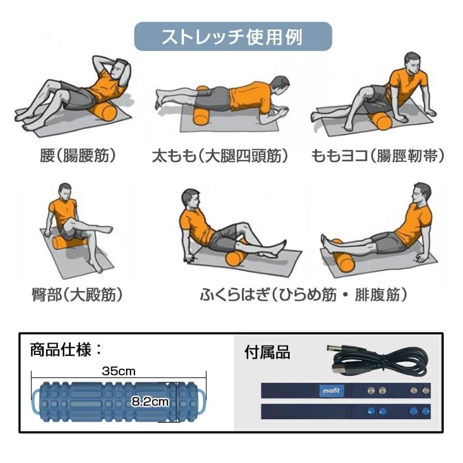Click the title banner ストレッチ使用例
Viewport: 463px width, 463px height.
[233, 37]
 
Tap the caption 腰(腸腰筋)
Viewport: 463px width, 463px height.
[78, 156]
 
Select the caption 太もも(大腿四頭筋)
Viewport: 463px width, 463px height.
[220, 156]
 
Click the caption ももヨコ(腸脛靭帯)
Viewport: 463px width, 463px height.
[378, 156]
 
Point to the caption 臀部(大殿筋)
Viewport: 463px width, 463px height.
[77, 295]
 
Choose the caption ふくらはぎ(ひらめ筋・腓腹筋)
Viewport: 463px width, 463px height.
[304, 295]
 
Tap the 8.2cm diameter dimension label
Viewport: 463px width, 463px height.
[149, 402]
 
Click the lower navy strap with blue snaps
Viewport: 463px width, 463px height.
[345, 411]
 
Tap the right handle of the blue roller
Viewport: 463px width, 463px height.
[202, 401]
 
